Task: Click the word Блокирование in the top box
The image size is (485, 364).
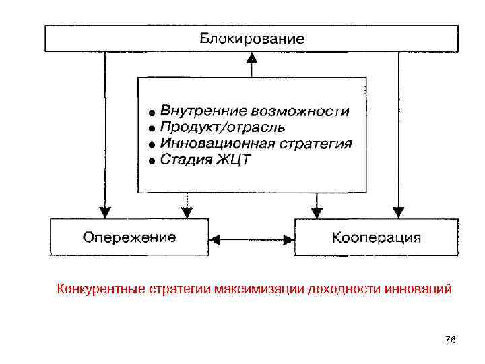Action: pos(251,39)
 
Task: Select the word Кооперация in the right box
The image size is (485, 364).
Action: pos(377,237)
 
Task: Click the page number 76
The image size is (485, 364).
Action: pos(451,340)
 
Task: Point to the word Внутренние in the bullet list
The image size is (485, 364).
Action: pos(195,111)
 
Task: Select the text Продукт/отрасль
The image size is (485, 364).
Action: pos(222,127)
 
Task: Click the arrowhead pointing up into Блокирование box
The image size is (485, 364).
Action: pos(251,59)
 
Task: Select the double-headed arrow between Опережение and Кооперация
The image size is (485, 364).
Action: pos(251,238)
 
